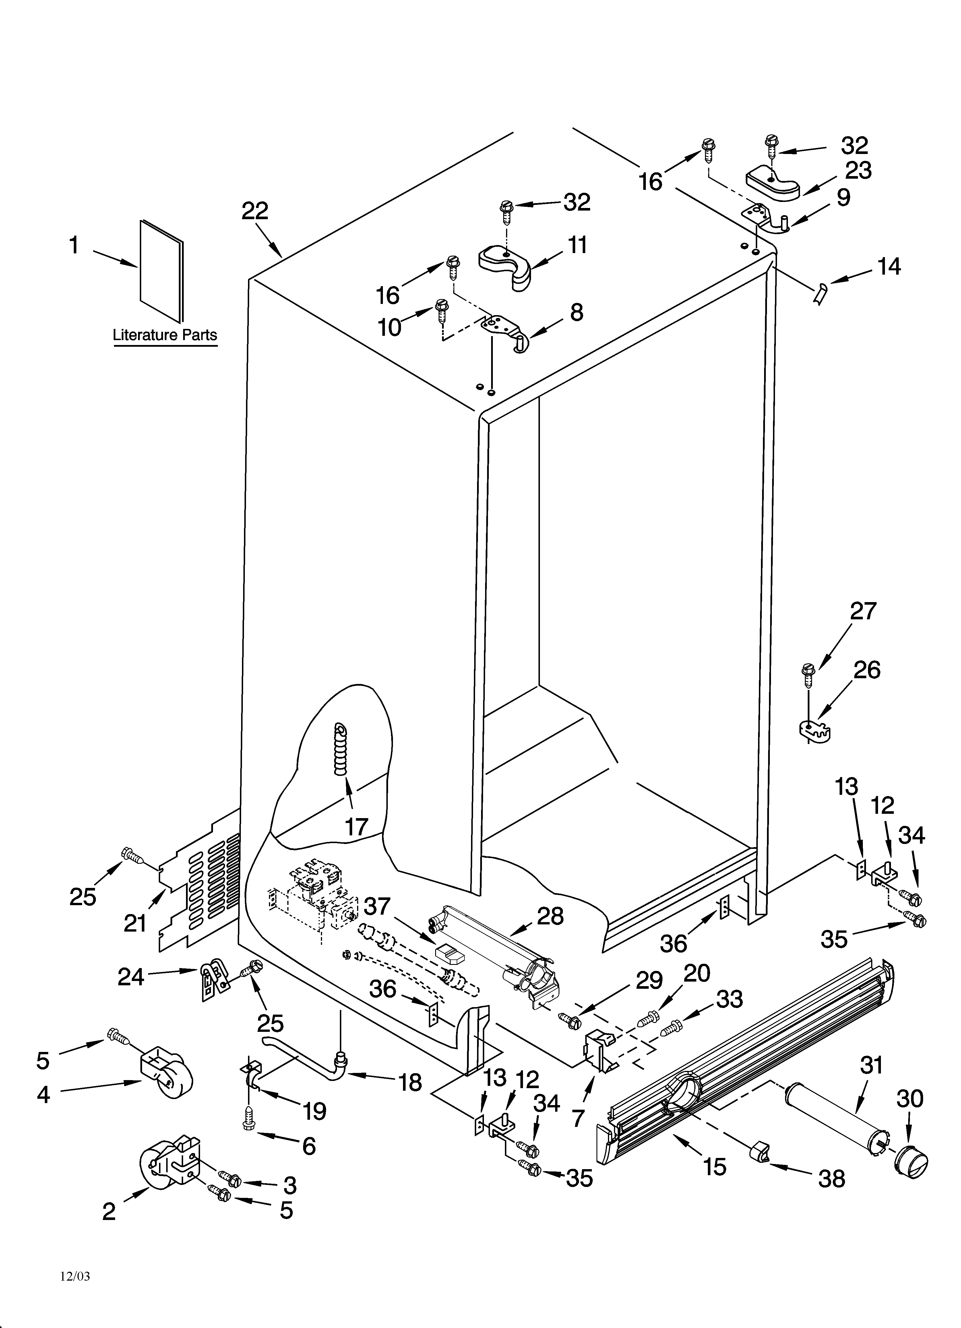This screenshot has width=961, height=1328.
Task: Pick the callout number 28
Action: [x=550, y=916]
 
